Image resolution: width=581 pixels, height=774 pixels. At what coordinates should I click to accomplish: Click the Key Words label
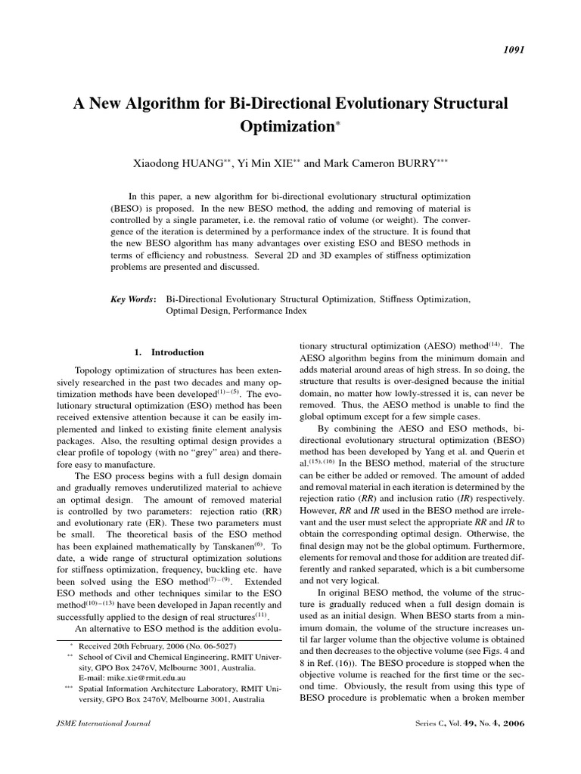click(x=134, y=299)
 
